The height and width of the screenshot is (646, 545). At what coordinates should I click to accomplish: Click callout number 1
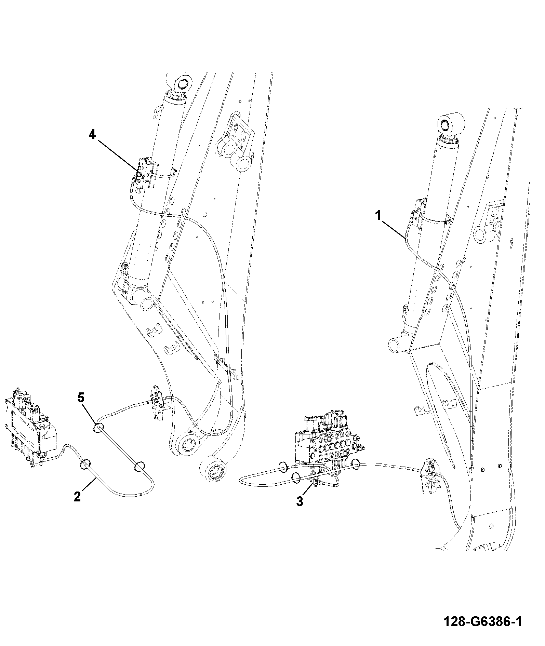[x=378, y=216]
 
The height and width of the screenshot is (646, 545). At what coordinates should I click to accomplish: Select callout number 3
[x=300, y=501]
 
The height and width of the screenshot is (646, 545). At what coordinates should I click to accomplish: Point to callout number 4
[x=92, y=135]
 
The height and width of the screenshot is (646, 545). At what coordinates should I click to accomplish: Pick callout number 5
[x=81, y=398]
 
